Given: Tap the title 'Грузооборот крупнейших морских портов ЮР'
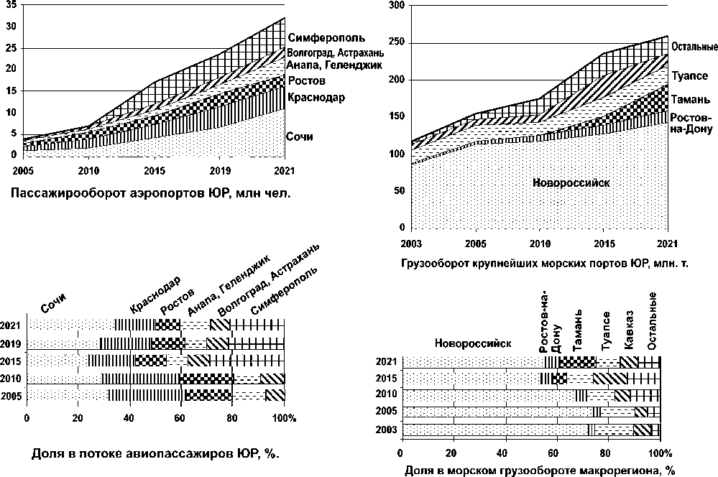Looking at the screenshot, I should (543, 263).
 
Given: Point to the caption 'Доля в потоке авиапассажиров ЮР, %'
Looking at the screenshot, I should (155, 454).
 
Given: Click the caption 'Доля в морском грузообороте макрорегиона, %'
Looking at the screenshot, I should (539, 471).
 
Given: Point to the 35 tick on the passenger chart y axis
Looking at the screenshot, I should (9, 5).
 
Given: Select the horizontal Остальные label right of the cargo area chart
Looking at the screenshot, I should (694, 47).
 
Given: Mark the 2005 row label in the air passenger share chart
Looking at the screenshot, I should (11, 394).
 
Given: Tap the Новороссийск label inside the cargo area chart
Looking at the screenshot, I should (571, 182).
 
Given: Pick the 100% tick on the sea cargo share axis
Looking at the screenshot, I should (660, 454).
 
